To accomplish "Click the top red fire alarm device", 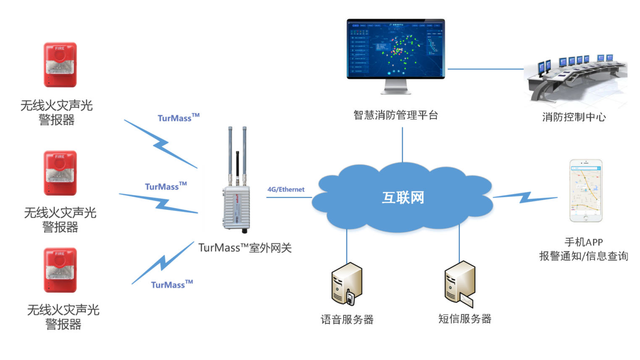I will pyautogui.click(x=60, y=65).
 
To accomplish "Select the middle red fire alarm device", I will pyautogui.click(x=60, y=173).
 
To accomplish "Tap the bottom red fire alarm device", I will pyautogui.click(x=60, y=270).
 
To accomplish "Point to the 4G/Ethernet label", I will pyautogui.click(x=286, y=189).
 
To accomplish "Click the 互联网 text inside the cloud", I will pyautogui.click(x=402, y=197).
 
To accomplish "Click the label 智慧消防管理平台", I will pyautogui.click(x=395, y=115).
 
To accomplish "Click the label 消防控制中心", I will pyautogui.click(x=574, y=117).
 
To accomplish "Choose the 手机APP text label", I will pyautogui.click(x=583, y=242).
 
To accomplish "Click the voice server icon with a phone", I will pyautogui.click(x=346, y=284).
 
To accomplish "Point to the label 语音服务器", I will pyautogui.click(x=347, y=320).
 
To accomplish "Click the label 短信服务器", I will pyautogui.click(x=464, y=319).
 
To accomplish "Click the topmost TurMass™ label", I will pyautogui.click(x=178, y=118).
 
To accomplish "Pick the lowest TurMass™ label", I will pyautogui.click(x=172, y=284).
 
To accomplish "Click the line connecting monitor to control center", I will pyautogui.click(x=485, y=69).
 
